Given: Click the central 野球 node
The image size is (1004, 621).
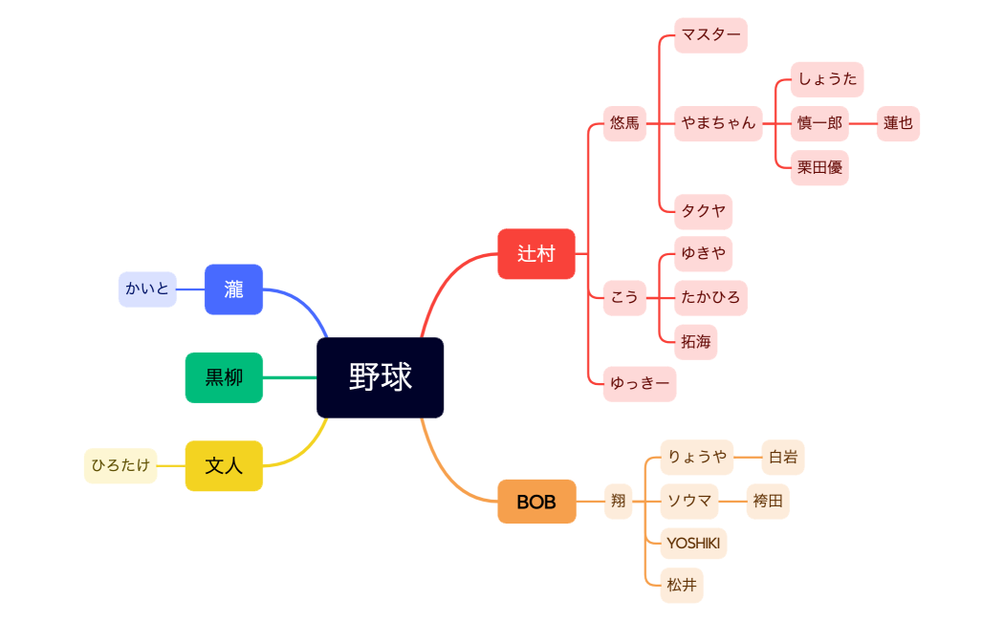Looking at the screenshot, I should pyautogui.click(x=380, y=377).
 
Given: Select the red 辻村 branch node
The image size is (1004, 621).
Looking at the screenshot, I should pyautogui.click(x=535, y=253).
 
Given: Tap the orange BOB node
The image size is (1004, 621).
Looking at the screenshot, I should pyautogui.click(x=536, y=502).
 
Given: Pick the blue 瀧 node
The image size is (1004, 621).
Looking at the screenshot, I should pyautogui.click(x=233, y=289).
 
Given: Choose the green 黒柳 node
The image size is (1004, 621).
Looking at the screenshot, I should pyautogui.click(x=224, y=377).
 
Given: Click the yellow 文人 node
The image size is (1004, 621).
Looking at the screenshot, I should pyautogui.click(x=224, y=466).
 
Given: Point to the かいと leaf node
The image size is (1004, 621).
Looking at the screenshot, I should pyautogui.click(x=147, y=289).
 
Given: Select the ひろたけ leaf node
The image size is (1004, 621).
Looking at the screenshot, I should pyautogui.click(x=120, y=466).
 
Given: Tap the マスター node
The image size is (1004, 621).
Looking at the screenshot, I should pyautogui.click(x=710, y=35).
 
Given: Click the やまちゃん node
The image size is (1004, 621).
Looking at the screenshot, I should pyautogui.click(x=718, y=123).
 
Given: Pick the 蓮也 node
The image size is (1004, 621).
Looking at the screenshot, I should pyautogui.click(x=898, y=123).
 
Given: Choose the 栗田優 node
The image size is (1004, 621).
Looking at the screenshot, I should pyautogui.click(x=819, y=167).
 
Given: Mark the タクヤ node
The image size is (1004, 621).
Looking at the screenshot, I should pyautogui.click(x=703, y=211).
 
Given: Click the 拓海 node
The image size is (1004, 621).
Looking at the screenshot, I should pyautogui.click(x=695, y=341).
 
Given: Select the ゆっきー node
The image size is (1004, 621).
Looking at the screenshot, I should pyautogui.click(x=639, y=384).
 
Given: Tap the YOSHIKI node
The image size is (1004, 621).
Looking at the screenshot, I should pyautogui.click(x=693, y=544).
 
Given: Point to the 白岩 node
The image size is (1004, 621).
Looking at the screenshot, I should pyautogui.click(x=782, y=457).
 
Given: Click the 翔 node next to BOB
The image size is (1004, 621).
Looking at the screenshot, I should pyautogui.click(x=618, y=501).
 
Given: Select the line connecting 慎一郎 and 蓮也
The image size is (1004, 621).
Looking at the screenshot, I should pyautogui.click(x=862, y=123).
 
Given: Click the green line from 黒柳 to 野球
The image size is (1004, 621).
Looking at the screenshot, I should pyautogui.click(x=289, y=377).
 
